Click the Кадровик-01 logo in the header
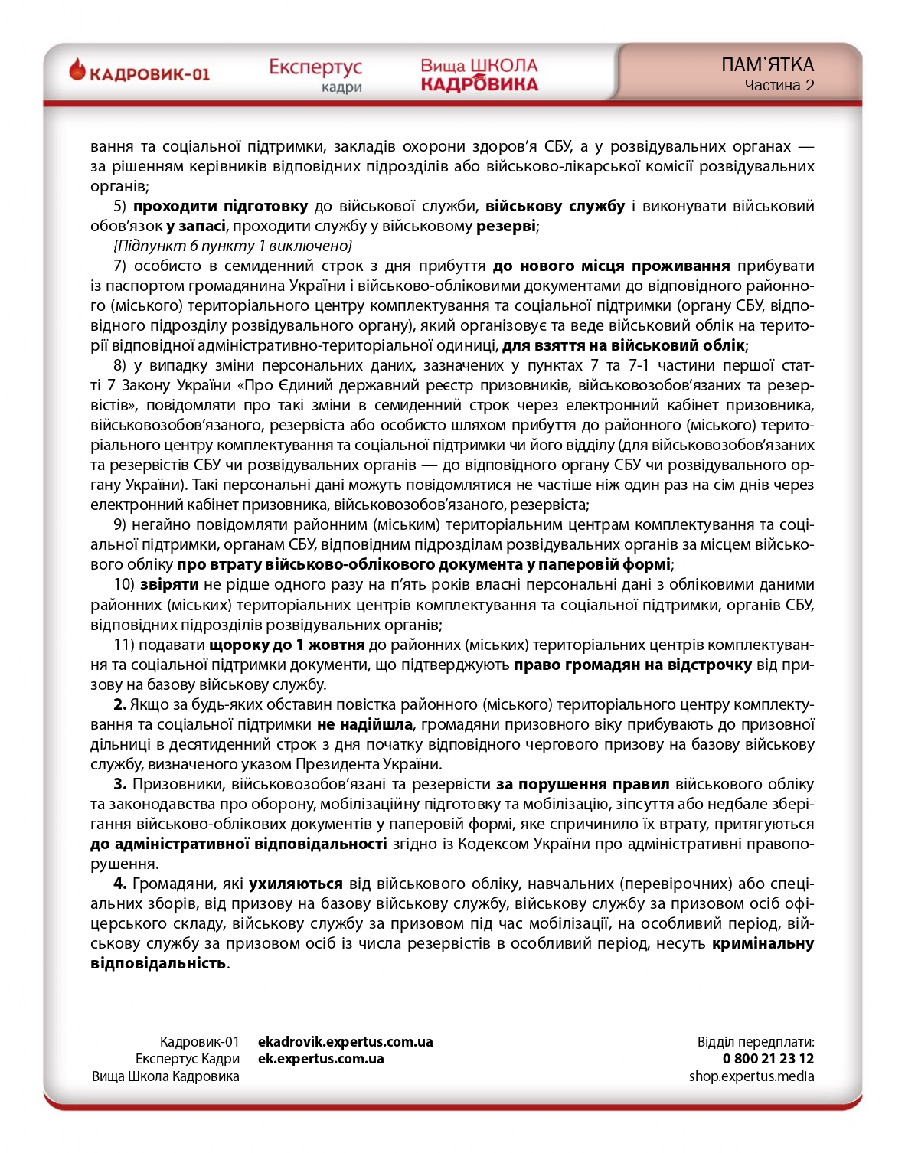click(139, 73)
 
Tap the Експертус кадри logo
click(315, 75)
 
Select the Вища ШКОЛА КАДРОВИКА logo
click(479, 75)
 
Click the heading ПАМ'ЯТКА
click(767, 65)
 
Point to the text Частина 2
click(779, 85)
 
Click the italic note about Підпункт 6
click(233, 246)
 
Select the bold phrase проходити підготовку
click(221, 206)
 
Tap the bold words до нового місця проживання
click(611, 266)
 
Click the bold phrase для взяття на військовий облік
click(623, 345)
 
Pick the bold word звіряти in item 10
click(169, 584)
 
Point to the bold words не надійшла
click(364, 724)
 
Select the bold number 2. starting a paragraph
click(120, 704)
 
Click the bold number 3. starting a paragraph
click(120, 784)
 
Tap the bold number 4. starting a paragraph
click(120, 884)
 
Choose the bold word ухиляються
click(296, 884)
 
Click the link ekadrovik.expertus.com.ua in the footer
click(345, 1042)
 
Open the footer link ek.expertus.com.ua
click(321, 1059)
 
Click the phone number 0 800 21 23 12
click(768, 1059)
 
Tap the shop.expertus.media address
click(751, 1076)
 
